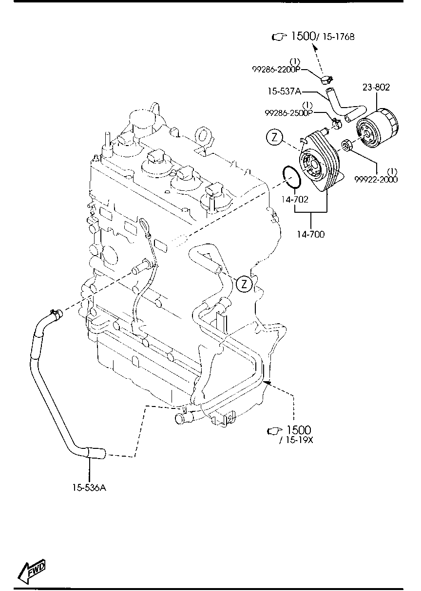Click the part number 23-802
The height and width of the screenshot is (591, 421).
(376, 87)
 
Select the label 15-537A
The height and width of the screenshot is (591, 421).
(285, 92)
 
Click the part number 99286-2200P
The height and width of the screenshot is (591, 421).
(276, 70)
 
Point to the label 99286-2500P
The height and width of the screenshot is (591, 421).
(288, 113)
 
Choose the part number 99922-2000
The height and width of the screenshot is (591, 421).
(376, 180)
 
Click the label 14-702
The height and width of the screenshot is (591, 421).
(295, 200)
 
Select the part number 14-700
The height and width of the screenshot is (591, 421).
(310, 234)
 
